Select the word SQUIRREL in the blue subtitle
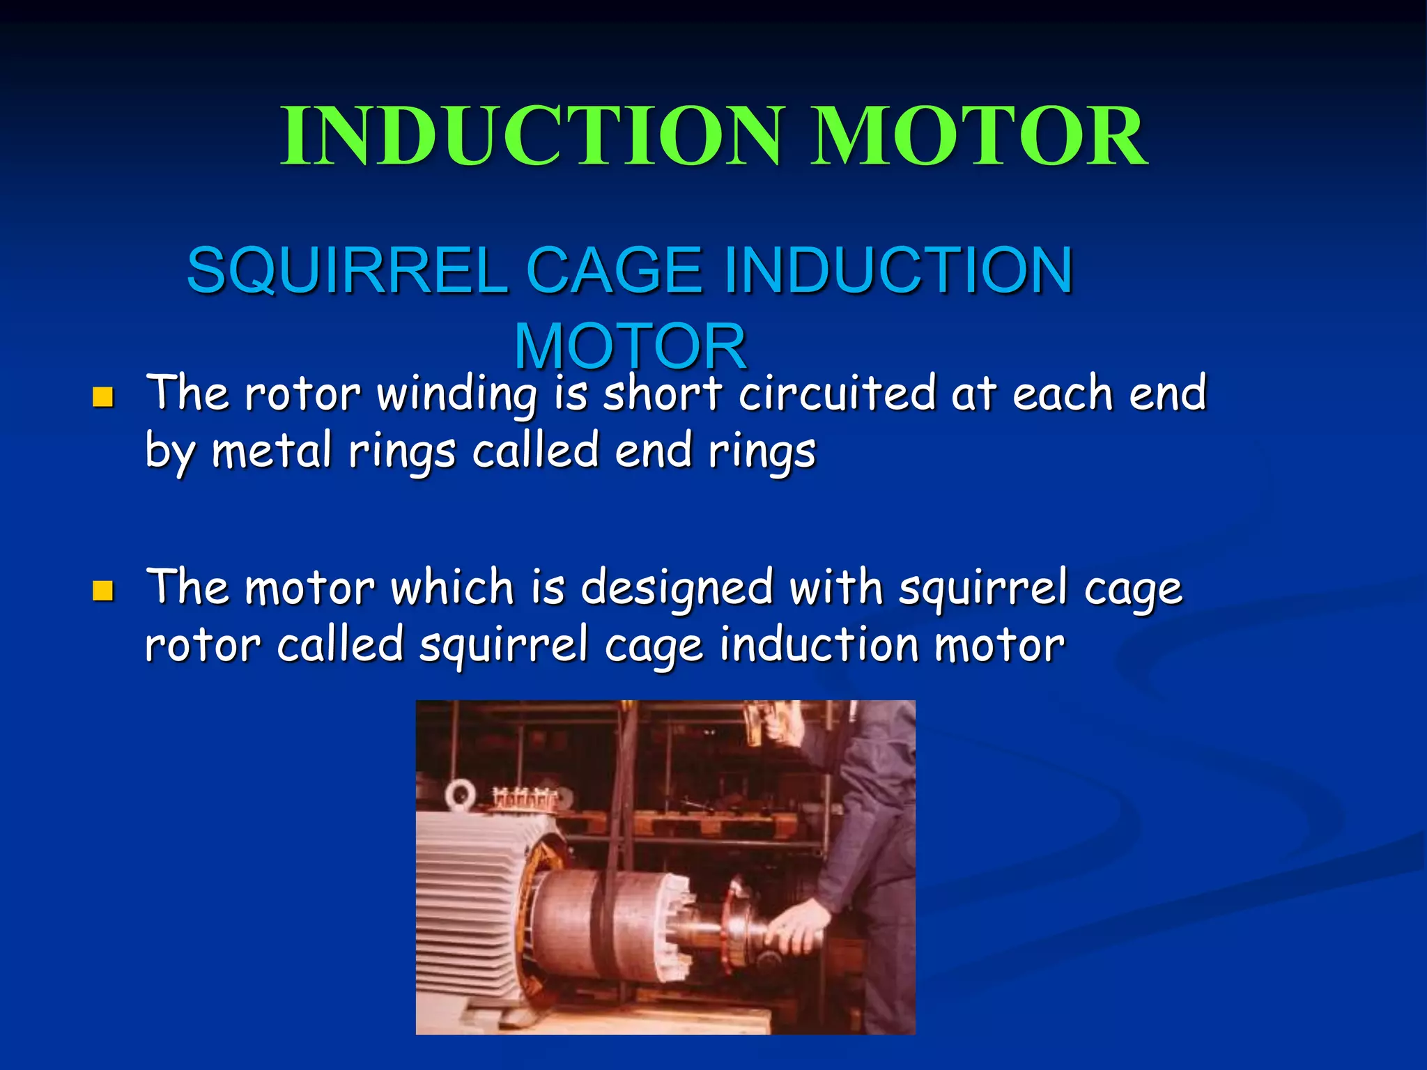(346, 270)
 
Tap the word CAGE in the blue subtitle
(614, 270)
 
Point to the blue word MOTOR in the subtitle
(631, 346)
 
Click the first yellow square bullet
(103, 398)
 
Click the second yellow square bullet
(103, 591)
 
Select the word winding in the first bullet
(456, 394)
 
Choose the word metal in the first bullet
(272, 451)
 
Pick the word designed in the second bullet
(677, 589)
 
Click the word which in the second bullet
(452, 587)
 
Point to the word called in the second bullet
(341, 645)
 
